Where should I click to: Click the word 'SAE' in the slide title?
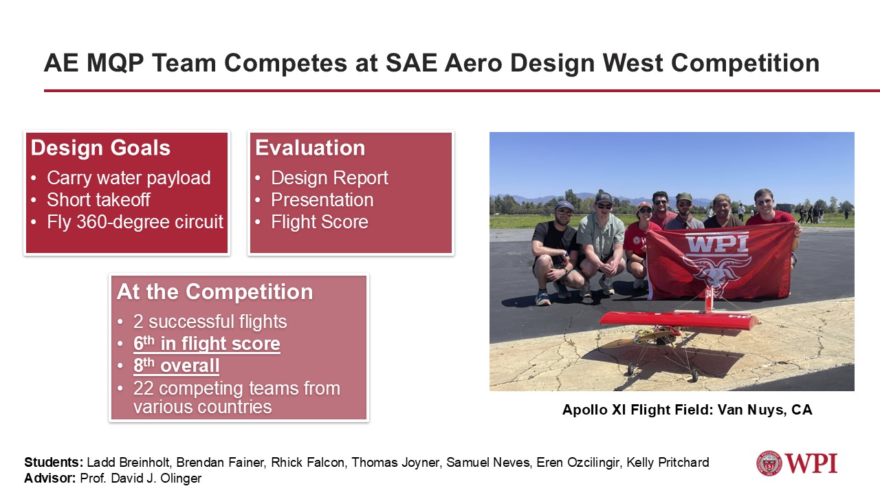pyautogui.click(x=411, y=63)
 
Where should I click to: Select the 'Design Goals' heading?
pyautogui.click(x=100, y=148)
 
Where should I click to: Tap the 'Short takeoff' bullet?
pyautogui.click(x=98, y=199)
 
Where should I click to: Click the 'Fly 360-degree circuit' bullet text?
pyautogui.click(x=135, y=221)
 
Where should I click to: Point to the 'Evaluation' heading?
pyautogui.click(x=310, y=148)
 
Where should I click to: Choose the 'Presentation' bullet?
pyautogui.click(x=322, y=199)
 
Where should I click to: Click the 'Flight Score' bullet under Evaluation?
pyautogui.click(x=320, y=221)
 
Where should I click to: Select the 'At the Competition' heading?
pyautogui.click(x=215, y=291)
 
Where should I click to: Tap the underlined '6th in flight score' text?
pyautogui.click(x=207, y=343)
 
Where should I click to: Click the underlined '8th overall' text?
pyautogui.click(x=177, y=365)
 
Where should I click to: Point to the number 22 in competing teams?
pyautogui.click(x=143, y=388)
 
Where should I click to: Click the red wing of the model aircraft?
pyautogui.click(x=680, y=320)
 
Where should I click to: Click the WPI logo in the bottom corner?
pyautogui.click(x=797, y=463)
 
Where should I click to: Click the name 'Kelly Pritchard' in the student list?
pyautogui.click(x=668, y=463)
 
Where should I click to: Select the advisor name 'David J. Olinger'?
pyautogui.click(x=156, y=478)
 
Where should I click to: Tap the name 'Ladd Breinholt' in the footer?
pyautogui.click(x=128, y=463)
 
